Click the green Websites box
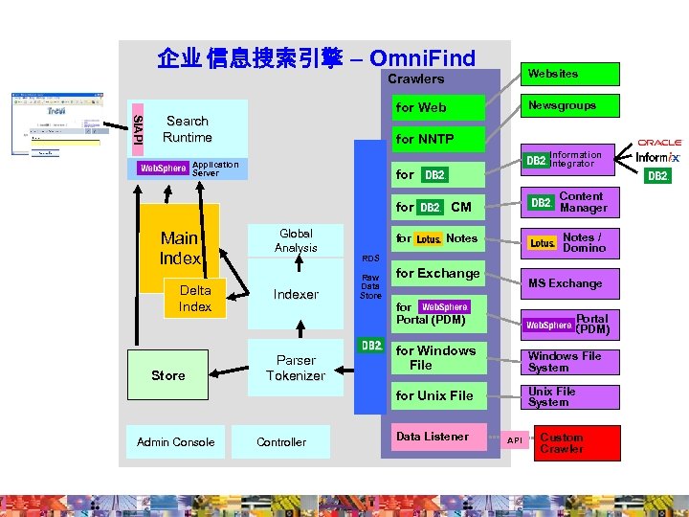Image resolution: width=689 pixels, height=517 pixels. [569, 74]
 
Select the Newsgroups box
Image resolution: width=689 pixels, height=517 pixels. [569, 105]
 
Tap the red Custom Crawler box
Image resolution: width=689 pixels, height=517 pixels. [576, 442]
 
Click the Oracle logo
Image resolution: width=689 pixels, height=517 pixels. [660, 143]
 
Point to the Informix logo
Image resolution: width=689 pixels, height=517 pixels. [658, 157]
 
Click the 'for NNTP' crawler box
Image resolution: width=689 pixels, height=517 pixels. [436, 140]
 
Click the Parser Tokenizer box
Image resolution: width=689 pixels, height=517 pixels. [296, 368]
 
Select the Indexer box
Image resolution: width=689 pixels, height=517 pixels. [296, 295]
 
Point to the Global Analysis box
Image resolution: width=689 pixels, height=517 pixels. [296, 240]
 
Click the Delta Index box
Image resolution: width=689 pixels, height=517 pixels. [195, 299]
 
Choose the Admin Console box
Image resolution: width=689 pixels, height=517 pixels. [175, 442]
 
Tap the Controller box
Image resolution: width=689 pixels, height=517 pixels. [281, 442]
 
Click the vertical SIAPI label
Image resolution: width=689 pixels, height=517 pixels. [136, 125]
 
